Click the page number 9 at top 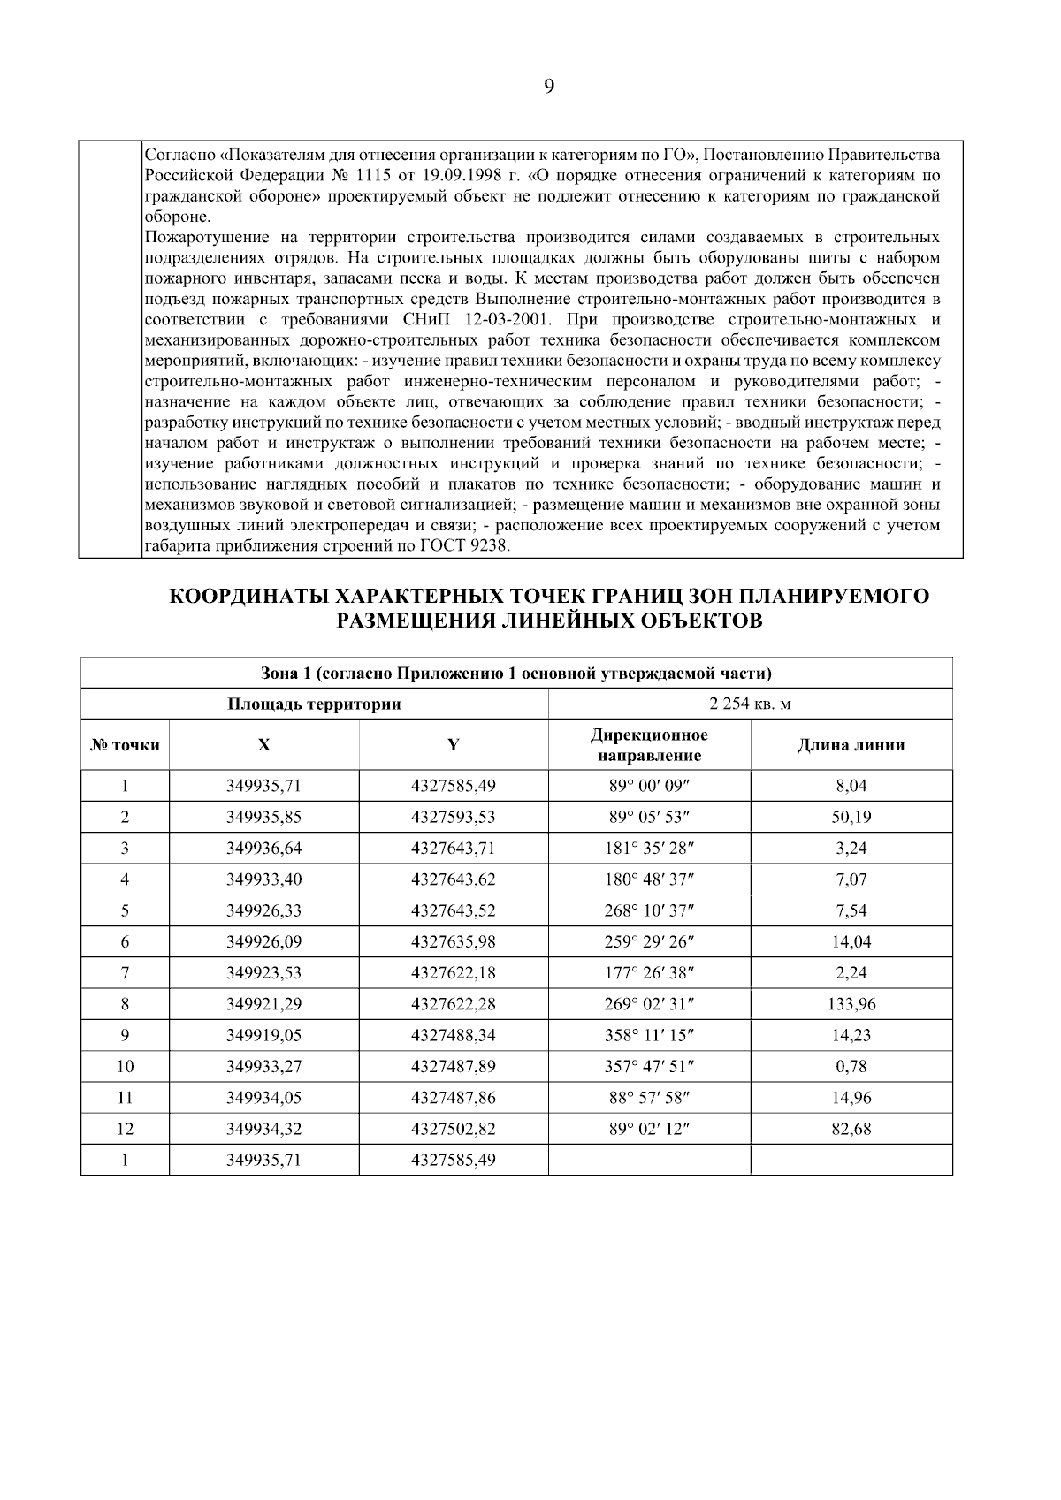click(548, 87)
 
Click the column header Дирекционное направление click(649, 745)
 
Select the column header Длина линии click(851, 745)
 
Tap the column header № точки click(125, 745)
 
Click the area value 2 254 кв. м click(750, 704)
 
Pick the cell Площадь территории click(314, 704)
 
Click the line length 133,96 click(851, 1004)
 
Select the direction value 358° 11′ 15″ click(649, 1035)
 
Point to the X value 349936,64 click(263, 849)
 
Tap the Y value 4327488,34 click(453, 1035)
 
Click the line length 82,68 click(851, 1129)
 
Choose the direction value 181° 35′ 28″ click(649, 849)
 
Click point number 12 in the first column click(125, 1129)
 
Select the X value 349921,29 click(263, 1004)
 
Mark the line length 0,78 click(851, 1067)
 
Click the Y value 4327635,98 click(453, 942)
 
